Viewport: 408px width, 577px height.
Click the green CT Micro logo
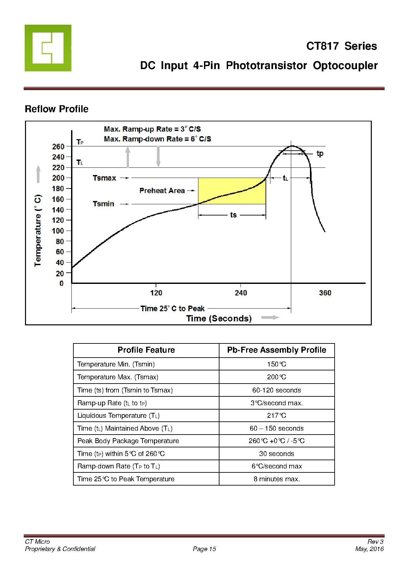pos(48,48)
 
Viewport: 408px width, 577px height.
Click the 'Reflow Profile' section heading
pos(57,109)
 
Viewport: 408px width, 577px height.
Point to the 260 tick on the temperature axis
pos(58,146)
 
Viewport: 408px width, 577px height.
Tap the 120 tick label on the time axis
pos(156,293)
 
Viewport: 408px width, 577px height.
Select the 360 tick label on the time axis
pos(325,293)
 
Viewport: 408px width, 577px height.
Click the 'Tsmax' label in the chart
pos(104,178)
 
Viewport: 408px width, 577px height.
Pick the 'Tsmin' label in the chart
pos(103,204)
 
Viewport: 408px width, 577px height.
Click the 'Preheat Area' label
pos(162,191)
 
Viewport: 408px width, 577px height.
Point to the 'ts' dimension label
pos(233,215)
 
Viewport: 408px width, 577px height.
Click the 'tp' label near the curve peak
pos(320,154)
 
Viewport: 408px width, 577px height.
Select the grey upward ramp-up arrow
pos(128,157)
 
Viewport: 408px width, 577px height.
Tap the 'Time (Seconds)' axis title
pos(219,318)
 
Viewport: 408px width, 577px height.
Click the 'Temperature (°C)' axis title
pos(38,231)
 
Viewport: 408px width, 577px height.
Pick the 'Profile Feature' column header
pos(146,350)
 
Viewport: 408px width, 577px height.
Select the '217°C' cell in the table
pos(276,415)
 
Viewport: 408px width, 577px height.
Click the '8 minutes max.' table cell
pos(276,479)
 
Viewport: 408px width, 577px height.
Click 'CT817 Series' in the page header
pos(342,46)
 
